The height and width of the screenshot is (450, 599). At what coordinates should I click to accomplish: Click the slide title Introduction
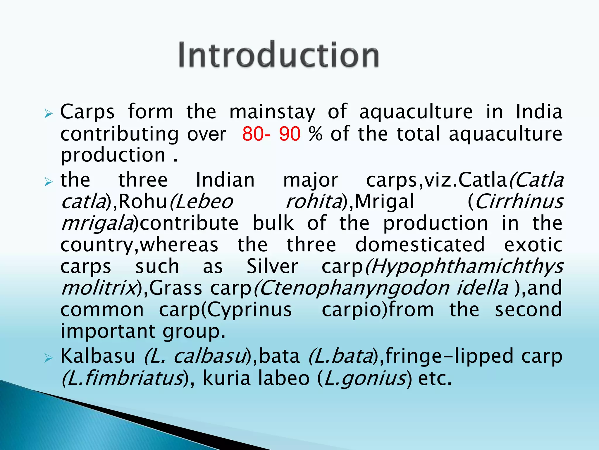click(279, 55)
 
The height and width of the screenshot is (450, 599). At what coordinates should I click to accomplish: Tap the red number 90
click(290, 134)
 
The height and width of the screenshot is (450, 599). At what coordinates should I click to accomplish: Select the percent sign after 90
click(316, 134)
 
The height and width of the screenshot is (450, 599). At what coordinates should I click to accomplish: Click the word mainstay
click(272, 112)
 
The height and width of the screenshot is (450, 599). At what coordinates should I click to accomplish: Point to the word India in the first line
click(538, 112)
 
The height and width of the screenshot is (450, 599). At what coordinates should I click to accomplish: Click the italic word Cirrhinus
click(519, 202)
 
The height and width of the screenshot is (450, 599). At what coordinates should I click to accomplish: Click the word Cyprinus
click(249, 310)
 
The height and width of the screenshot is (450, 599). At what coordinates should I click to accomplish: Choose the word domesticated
click(420, 245)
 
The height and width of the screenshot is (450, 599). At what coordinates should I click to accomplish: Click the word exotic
click(533, 245)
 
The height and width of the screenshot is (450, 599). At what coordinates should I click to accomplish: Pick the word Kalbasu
click(98, 356)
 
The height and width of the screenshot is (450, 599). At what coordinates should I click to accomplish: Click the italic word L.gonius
click(365, 378)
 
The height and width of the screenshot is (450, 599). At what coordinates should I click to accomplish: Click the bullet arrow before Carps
click(48, 114)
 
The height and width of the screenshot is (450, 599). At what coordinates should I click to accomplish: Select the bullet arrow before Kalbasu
click(48, 358)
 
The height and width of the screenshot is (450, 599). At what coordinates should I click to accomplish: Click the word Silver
click(272, 267)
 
